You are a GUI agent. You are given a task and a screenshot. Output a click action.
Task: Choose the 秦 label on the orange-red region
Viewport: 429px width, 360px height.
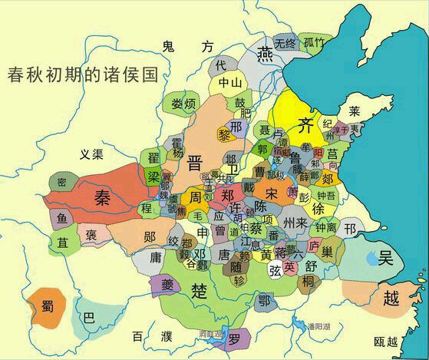pyautogui.click(x=104, y=198)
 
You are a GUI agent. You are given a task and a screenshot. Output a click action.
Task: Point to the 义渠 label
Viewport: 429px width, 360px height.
pyautogui.click(x=91, y=154)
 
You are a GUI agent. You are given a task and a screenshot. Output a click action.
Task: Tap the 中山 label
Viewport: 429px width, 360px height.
pyautogui.click(x=230, y=82)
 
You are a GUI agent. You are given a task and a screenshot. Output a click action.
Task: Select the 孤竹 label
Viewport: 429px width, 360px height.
pyautogui.click(x=313, y=41)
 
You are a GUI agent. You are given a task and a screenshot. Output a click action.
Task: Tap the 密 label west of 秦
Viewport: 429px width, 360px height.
pyautogui.click(x=61, y=183)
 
